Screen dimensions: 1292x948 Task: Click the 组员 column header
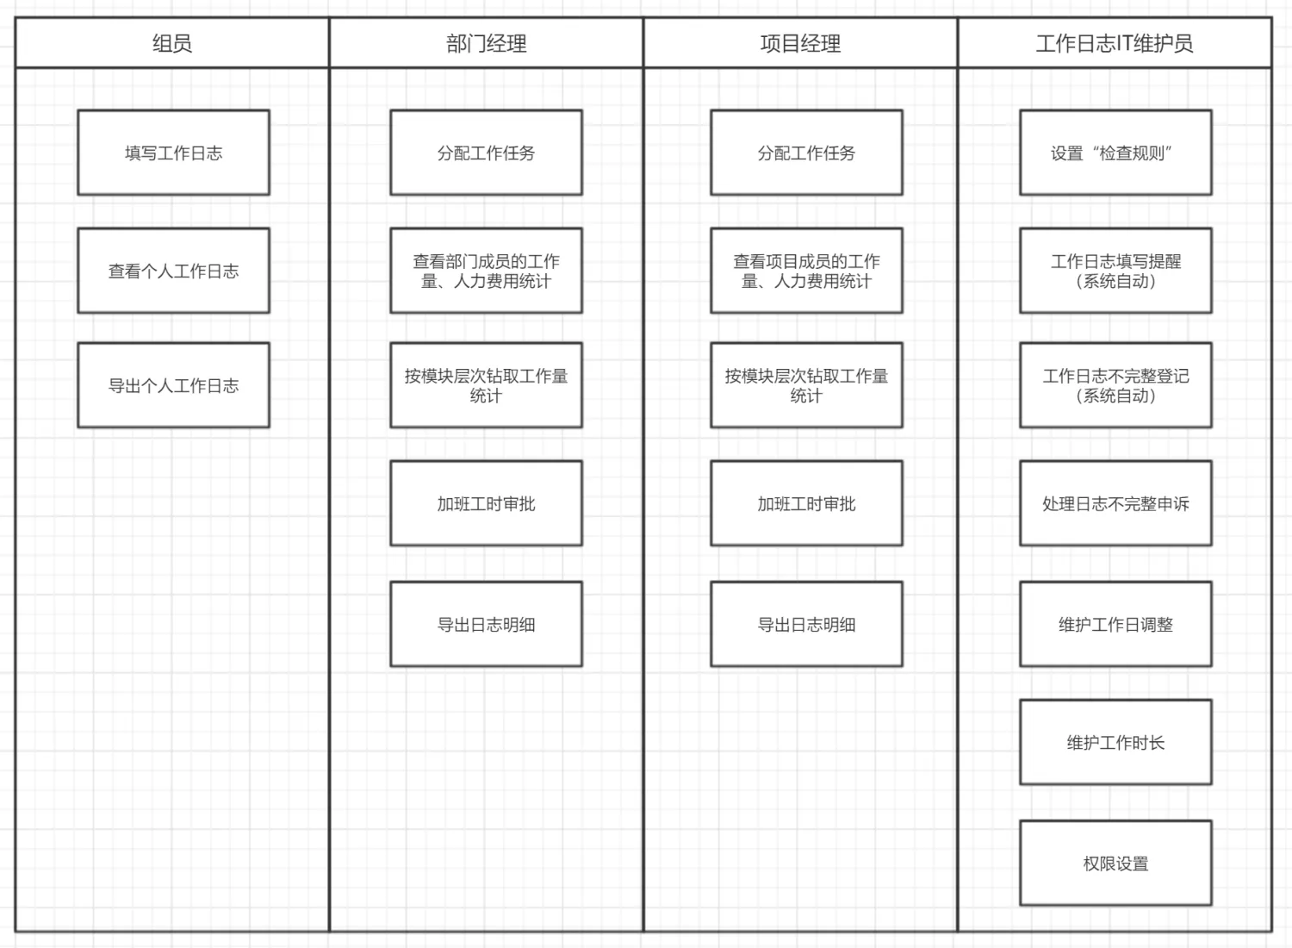coord(172,43)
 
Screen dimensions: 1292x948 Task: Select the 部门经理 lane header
coord(487,43)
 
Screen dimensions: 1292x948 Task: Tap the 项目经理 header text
coord(800,43)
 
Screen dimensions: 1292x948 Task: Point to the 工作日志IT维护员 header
coord(1115,43)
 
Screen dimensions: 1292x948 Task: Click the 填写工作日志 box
coord(174,153)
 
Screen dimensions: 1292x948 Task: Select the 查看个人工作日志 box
coord(174,271)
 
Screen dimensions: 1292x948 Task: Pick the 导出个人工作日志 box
coord(174,385)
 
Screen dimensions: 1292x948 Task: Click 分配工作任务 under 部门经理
coord(487,153)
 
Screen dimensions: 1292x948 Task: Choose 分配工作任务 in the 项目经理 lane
coord(806,153)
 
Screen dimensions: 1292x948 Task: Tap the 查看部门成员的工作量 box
coord(487,271)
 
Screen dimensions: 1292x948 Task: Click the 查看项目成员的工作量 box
coord(806,271)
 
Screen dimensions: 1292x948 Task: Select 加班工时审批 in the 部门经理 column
coord(487,503)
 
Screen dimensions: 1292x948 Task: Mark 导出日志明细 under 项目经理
coord(806,624)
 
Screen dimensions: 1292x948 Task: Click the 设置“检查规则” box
coord(1115,153)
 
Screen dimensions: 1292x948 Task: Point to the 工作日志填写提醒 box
coord(1115,271)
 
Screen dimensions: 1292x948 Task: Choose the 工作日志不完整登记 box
coord(1115,385)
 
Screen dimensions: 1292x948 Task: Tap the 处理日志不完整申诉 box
coord(1115,503)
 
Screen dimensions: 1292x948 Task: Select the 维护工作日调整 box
coord(1115,624)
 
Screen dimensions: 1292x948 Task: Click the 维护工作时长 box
coord(1115,742)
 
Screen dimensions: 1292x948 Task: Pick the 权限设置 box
coord(1115,864)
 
